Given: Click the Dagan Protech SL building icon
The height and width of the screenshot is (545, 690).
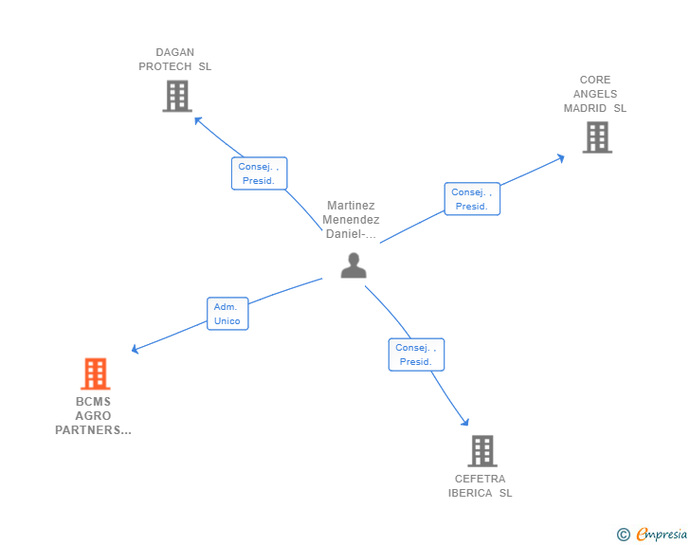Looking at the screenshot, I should tap(177, 96).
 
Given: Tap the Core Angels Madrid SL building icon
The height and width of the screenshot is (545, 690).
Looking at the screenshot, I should tap(596, 137).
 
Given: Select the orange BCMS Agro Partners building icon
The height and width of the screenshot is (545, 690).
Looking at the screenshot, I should tap(95, 374).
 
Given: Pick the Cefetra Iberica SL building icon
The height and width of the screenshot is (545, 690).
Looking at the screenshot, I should tap(481, 451).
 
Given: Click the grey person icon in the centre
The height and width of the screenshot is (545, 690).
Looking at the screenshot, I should tap(354, 265).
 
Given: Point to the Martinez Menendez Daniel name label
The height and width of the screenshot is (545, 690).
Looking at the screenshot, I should tap(351, 220).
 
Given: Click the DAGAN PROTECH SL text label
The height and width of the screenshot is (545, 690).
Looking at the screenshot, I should tap(175, 60).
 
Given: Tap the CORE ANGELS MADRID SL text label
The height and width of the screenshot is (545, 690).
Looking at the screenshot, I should tap(595, 94).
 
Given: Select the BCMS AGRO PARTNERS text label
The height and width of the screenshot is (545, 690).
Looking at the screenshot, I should tap(94, 416).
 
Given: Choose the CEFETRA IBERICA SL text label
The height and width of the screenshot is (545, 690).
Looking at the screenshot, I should tap(481, 486).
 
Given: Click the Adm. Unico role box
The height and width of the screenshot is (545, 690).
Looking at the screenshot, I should tap(227, 314).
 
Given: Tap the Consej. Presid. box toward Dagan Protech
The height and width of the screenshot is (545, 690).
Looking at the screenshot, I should tap(259, 173).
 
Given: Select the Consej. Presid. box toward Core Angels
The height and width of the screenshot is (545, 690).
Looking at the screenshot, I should tap(472, 199).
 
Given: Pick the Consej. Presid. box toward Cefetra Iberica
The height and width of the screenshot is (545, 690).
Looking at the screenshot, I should tap(416, 354).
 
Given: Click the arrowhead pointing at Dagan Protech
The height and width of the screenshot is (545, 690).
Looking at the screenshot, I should tap(197, 120).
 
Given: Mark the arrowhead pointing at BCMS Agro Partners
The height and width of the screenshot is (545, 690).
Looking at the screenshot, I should tap(136, 350).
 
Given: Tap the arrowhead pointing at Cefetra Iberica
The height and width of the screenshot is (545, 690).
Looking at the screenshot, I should tap(465, 423).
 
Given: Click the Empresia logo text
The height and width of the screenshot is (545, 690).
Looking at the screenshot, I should tap(662, 535).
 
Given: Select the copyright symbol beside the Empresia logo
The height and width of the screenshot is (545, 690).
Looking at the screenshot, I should tap(623, 535).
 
